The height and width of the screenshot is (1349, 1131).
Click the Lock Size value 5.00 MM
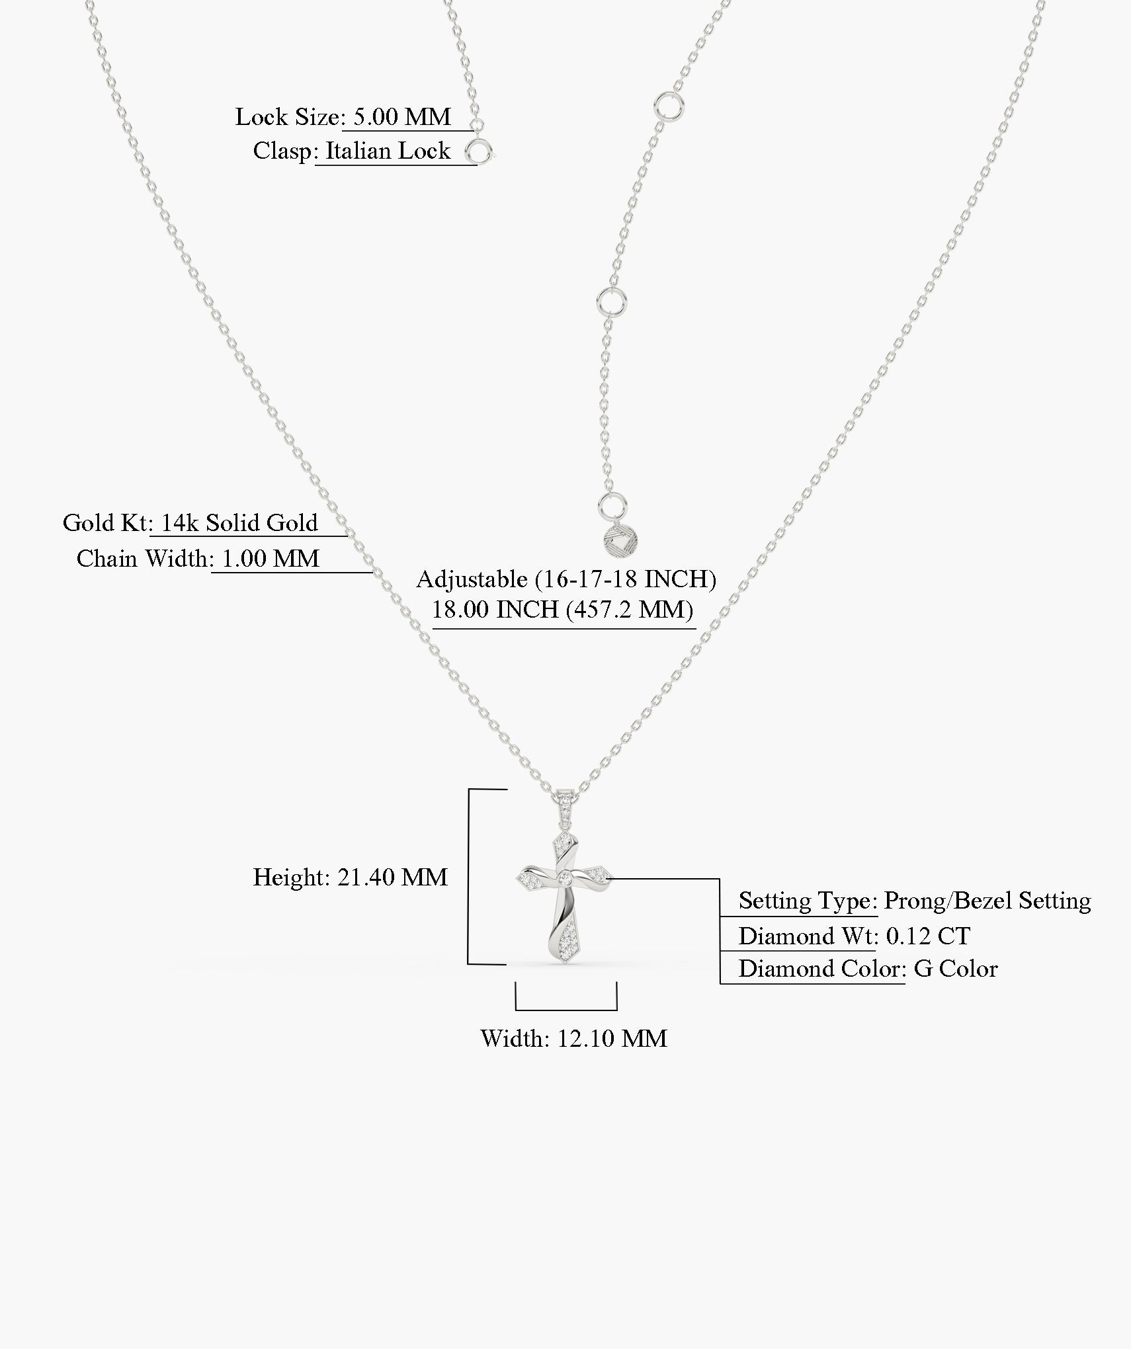click(x=401, y=117)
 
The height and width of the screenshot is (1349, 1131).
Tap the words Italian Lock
click(x=388, y=151)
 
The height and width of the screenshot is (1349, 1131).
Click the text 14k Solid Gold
click(x=239, y=523)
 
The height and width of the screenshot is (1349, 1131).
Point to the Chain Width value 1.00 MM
click(x=270, y=559)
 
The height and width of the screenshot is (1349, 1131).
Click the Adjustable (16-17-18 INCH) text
click(x=566, y=579)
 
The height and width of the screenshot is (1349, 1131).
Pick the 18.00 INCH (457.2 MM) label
click(x=562, y=609)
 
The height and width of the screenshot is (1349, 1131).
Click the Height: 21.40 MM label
click(x=351, y=878)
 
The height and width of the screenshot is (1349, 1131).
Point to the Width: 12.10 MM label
click(x=573, y=1038)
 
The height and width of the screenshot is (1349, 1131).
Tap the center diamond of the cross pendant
click(x=565, y=878)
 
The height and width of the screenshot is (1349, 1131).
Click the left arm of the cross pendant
click(x=534, y=879)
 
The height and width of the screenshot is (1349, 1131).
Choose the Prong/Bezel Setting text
click(x=987, y=901)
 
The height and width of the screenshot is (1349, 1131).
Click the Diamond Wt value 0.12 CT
click(x=927, y=936)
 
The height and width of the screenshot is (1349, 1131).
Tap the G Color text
click(x=955, y=969)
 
